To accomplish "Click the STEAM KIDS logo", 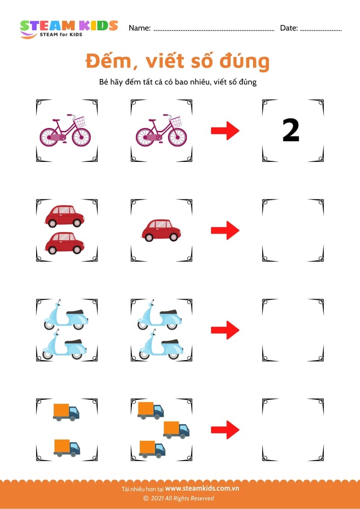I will coord(69,29).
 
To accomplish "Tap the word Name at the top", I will coord(140,29).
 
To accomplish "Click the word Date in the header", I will coord(289,29).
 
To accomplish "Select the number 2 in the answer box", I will coord(291,131).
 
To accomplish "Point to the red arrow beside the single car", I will coord(225,231).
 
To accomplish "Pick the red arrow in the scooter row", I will coord(225,330).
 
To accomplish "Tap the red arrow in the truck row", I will coord(225,430).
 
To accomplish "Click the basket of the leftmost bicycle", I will coord(79,122).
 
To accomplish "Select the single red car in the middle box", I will coord(161,230).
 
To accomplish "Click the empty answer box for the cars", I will coord(293,230).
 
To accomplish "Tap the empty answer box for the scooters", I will coord(293,330).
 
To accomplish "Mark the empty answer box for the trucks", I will coord(293,430).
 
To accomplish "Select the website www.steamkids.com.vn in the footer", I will coord(202,489).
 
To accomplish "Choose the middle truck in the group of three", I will coord(176,430).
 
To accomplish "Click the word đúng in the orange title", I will coord(244,62).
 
